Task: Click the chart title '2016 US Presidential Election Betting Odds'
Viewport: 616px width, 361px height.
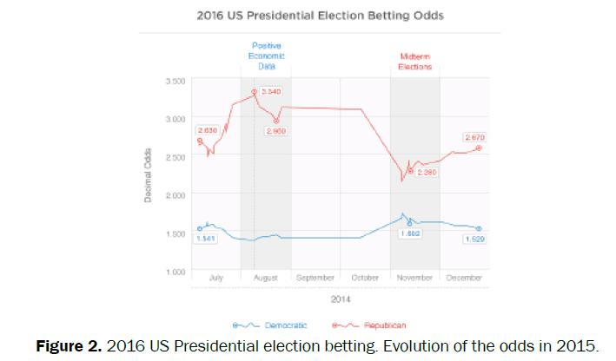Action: (x=308, y=16)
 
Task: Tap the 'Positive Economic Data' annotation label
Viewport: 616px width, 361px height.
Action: (x=267, y=55)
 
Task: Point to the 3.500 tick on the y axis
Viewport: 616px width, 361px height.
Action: (x=175, y=81)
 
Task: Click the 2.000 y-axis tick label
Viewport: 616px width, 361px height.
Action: (x=175, y=195)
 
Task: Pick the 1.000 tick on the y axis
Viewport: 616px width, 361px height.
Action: (x=175, y=272)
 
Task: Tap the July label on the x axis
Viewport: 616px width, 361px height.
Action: (x=217, y=278)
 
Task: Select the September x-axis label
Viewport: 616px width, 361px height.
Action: (x=315, y=278)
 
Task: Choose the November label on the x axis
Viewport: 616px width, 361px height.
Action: (x=414, y=278)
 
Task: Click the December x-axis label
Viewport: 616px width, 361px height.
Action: (x=465, y=278)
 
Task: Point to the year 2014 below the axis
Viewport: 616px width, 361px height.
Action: (x=340, y=299)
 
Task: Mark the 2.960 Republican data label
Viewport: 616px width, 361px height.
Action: (x=275, y=130)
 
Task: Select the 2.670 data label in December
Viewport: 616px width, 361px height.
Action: (x=474, y=136)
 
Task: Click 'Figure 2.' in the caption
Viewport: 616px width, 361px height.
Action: (x=70, y=345)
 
